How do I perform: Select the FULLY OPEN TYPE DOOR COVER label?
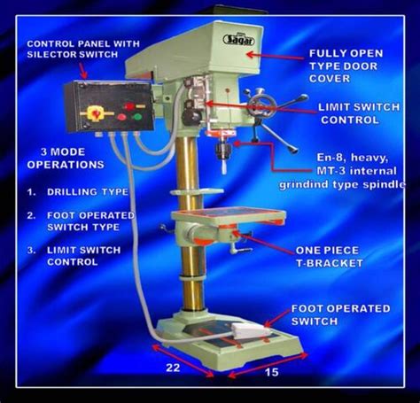pyautogui.click(x=347, y=66)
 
